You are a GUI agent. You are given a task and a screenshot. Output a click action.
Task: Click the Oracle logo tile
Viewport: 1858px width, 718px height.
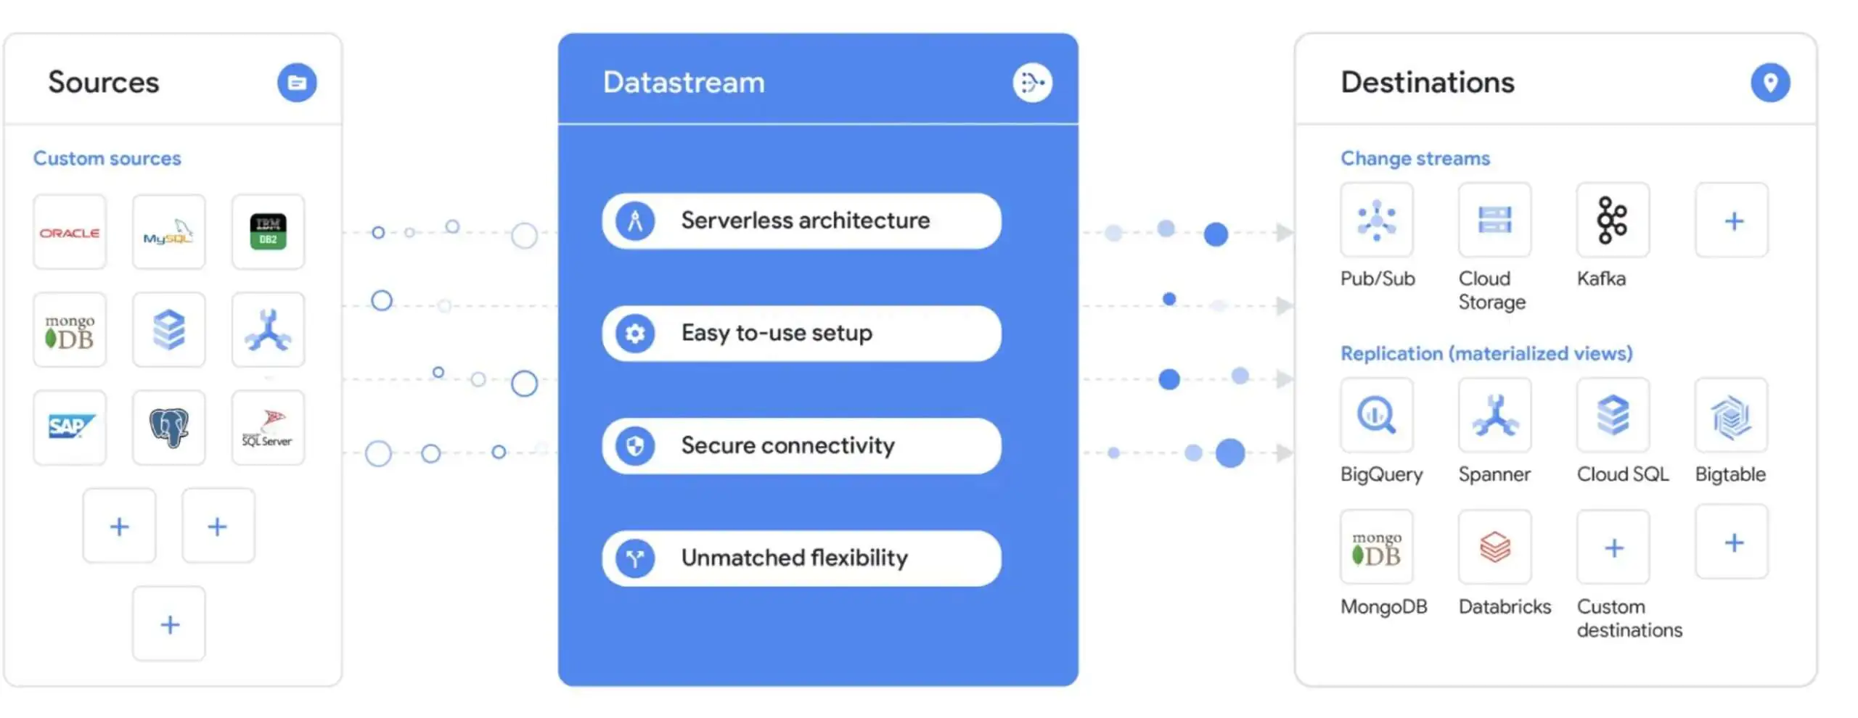click(x=70, y=232)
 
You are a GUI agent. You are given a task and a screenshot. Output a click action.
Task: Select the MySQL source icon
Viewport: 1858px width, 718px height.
click(x=168, y=232)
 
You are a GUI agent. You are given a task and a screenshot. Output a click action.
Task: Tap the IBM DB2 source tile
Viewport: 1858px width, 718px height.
click(x=268, y=232)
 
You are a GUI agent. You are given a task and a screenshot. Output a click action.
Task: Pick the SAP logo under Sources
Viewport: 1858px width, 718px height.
click(x=70, y=427)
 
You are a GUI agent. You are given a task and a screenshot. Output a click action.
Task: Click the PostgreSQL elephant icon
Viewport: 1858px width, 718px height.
click(x=168, y=427)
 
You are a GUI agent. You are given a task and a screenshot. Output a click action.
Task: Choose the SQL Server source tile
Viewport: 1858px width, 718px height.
click(x=268, y=427)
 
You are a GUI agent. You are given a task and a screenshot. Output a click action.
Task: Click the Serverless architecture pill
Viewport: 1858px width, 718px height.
click(x=801, y=220)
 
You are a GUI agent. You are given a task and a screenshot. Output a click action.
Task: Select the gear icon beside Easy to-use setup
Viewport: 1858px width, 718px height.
click(x=635, y=334)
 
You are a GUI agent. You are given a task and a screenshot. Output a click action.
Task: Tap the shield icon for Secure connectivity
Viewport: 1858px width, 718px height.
click(x=635, y=446)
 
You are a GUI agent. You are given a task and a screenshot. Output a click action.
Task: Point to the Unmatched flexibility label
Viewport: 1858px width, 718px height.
click(x=794, y=558)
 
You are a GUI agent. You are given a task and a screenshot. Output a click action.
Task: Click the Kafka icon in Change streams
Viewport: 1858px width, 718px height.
click(x=1613, y=220)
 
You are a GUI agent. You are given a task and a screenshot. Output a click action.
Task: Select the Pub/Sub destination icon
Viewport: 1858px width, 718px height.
click(x=1377, y=220)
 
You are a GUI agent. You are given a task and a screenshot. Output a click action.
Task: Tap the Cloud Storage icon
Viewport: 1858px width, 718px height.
click(x=1495, y=220)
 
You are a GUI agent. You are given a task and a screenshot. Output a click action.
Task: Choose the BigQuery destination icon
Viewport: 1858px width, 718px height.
click(x=1377, y=416)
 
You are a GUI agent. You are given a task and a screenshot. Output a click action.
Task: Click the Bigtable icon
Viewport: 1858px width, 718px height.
click(x=1732, y=416)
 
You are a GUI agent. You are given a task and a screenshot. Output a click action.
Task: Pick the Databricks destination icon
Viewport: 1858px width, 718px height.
click(x=1495, y=547)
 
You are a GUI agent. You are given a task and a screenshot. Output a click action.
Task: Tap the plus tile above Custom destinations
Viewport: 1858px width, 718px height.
click(x=1613, y=547)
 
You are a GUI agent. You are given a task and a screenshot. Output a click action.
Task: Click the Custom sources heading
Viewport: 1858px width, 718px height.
click(x=107, y=158)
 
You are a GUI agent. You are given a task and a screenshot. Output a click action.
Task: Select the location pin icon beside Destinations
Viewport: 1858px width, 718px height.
click(x=1770, y=83)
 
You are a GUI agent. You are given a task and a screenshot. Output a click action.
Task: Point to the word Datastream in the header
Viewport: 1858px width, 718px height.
click(x=684, y=83)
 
